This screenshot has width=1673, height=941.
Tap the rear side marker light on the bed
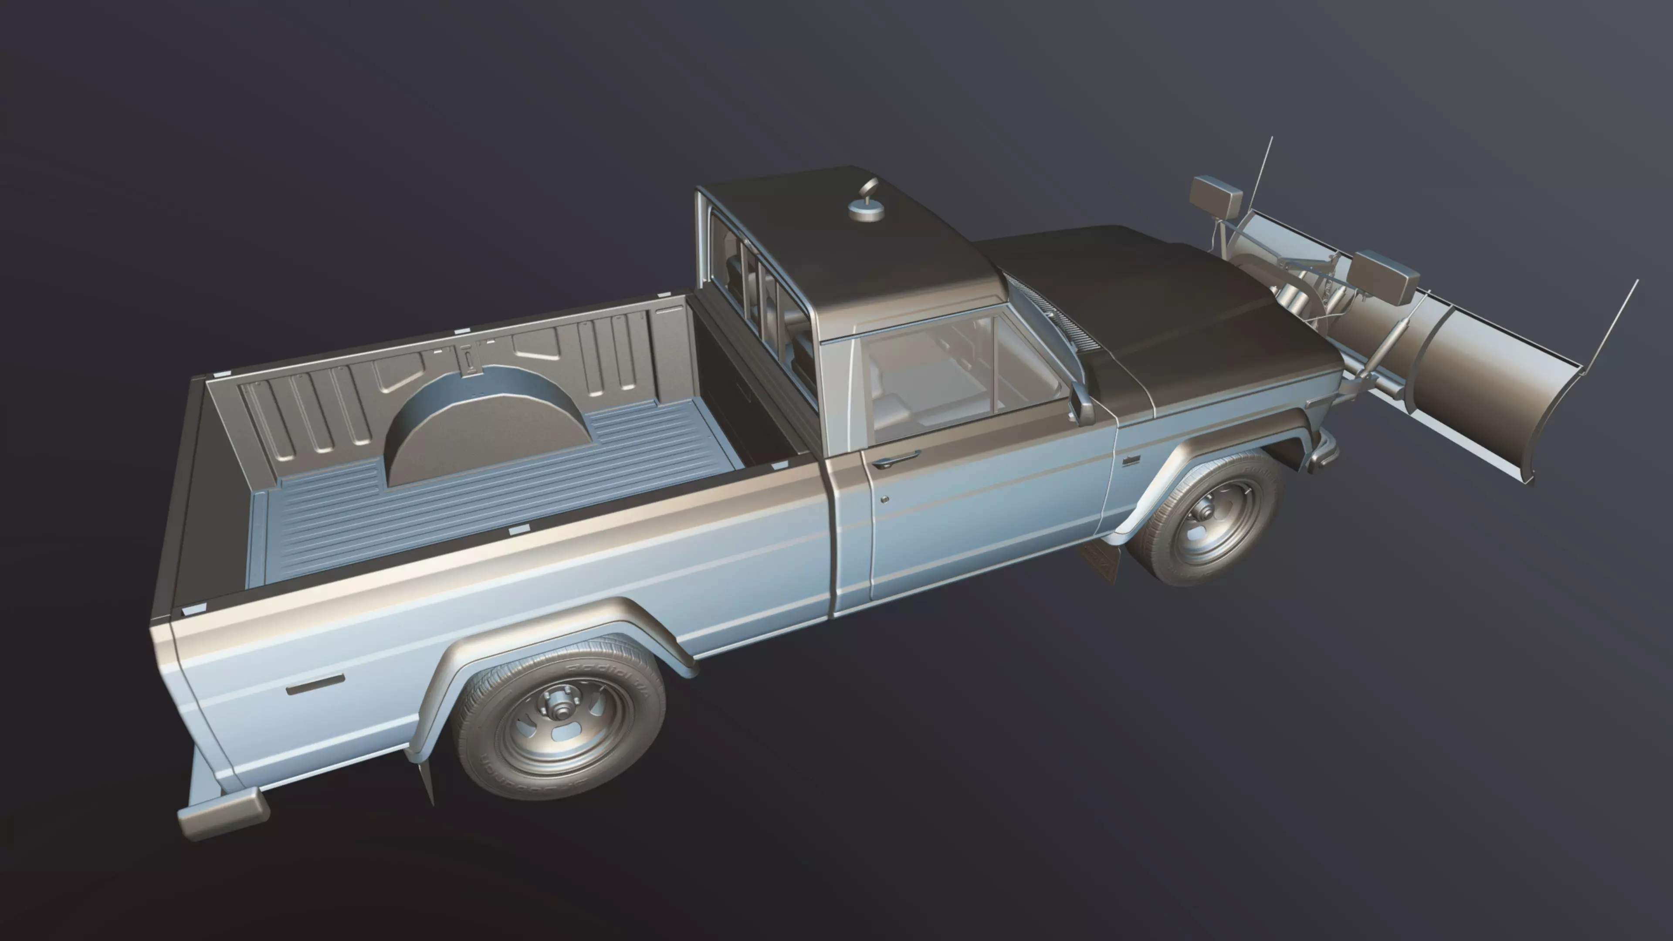click(x=315, y=684)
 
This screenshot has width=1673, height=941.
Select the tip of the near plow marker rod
click(x=1637, y=281)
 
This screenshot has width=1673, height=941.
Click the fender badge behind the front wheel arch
click(x=1132, y=460)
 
